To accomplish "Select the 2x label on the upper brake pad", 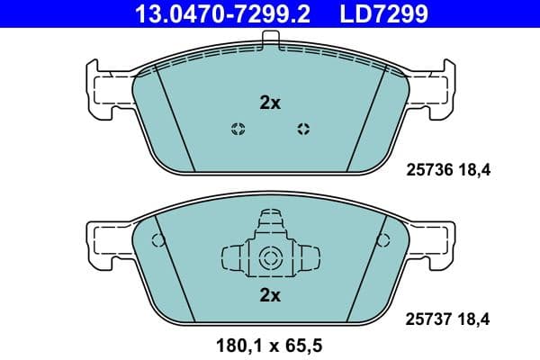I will (270, 103).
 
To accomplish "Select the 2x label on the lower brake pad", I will (270, 294).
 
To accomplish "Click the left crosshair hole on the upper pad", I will (237, 128).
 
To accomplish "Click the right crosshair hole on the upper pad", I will (303, 128).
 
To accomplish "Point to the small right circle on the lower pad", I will (384, 240).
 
